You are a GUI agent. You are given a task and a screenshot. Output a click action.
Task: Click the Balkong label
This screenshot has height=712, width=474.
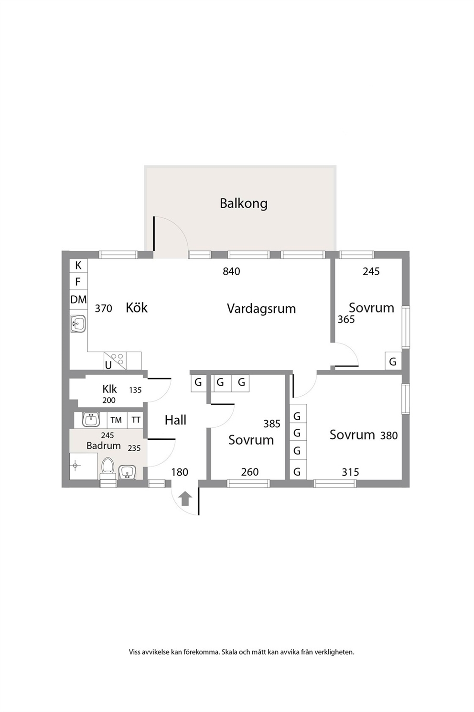tap(244, 203)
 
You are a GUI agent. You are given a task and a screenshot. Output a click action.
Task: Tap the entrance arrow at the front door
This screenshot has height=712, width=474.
tap(185, 498)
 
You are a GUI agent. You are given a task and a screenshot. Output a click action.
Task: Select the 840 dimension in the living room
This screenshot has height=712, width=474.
tap(231, 271)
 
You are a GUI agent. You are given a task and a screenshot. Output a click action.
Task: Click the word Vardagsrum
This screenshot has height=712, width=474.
tap(261, 309)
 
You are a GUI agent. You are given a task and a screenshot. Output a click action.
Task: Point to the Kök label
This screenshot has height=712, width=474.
tap(137, 308)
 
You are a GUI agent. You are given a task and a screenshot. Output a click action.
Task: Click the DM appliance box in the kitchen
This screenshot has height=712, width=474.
tap(78, 300)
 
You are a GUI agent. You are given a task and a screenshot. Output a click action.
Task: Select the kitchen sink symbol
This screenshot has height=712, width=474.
tap(78, 324)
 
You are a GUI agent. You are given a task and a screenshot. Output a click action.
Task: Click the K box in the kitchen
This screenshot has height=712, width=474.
tap(78, 266)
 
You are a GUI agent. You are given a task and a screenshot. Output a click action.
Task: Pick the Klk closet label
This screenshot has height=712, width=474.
tap(109, 389)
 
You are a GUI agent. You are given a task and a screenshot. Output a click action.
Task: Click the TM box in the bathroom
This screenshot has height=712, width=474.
tap(116, 420)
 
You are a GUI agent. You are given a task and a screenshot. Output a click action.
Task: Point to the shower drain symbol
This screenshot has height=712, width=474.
tap(75, 466)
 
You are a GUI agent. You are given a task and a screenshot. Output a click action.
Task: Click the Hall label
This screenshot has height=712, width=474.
tap(175, 420)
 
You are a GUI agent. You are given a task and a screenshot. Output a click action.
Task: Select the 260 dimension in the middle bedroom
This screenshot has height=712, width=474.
tap(249, 472)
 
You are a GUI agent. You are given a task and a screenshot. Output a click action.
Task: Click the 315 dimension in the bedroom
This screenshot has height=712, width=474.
tap(350, 472)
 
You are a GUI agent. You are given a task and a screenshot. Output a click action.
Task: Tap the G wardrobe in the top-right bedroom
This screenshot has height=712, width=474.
tap(393, 361)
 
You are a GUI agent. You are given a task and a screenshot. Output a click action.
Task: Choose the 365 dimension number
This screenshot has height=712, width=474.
tap(346, 319)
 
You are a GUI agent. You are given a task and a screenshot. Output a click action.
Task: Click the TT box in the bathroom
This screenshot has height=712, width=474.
tap(136, 420)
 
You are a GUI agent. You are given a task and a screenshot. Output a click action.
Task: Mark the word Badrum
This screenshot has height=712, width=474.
tap(104, 445)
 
